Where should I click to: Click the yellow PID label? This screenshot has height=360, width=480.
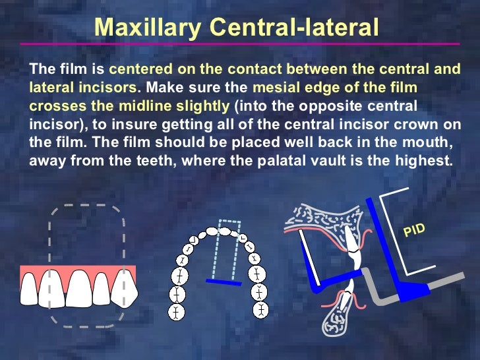[x=414, y=230]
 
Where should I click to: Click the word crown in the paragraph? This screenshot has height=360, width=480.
[x=403, y=123]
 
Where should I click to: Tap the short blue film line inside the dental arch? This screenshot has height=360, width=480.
[x=224, y=282]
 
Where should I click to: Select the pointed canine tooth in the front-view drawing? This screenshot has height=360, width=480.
[x=124, y=289]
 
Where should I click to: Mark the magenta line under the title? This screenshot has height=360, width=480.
[x=240, y=44]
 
